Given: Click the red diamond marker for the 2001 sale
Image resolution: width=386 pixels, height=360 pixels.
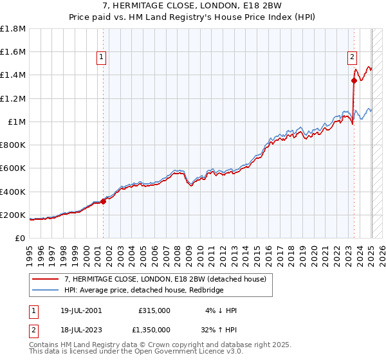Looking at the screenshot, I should click(x=103, y=201).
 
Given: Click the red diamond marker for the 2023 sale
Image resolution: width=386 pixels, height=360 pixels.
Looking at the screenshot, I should click(x=354, y=80).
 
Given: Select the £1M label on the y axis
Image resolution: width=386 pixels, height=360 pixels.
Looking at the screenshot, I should click(x=17, y=122).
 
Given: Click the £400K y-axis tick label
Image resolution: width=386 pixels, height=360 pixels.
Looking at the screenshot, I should click(x=13, y=192).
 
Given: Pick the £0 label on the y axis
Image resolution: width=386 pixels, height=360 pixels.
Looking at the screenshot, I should click(x=20, y=238).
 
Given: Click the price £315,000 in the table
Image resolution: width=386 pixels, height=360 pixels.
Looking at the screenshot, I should click(x=154, y=310).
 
